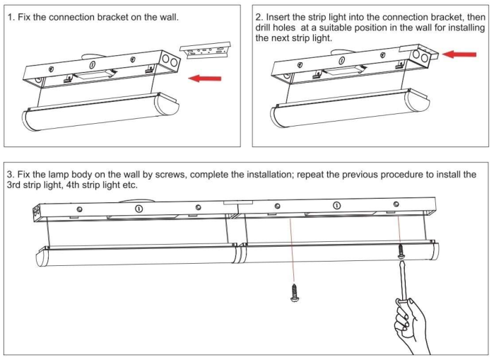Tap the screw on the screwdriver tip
[401, 250]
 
